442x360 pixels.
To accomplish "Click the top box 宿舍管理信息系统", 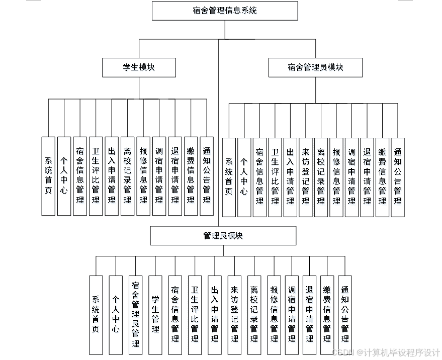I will pos(225,11).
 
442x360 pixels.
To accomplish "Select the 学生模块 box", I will pos(139,67).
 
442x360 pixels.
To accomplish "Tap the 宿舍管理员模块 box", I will pos(315,67).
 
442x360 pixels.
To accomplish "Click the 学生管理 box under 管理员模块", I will pos(155,314).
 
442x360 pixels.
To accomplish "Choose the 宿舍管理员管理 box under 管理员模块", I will pos(135,314).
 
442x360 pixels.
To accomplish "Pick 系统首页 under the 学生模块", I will pos(48,176).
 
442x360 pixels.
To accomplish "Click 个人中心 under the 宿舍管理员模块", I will pos(244,177).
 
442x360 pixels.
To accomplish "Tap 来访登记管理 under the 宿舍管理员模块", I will pos(306,177).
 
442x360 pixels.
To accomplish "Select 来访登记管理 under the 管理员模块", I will pos(234,314).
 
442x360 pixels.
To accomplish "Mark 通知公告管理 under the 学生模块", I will pos(207,176).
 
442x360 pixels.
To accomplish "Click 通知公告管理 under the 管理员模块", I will pos(345,314).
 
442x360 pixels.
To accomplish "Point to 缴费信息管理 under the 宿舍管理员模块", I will pos(382,177).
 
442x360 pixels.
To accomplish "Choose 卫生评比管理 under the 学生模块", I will pos(96,176).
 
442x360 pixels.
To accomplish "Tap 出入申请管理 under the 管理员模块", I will pos(215,314).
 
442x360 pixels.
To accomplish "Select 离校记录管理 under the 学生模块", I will pos(127,176).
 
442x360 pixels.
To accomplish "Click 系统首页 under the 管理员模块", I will pos(96,314).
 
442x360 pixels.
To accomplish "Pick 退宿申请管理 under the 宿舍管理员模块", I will pos(367,177).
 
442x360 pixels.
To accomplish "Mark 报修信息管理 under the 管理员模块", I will pos(274,314).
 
